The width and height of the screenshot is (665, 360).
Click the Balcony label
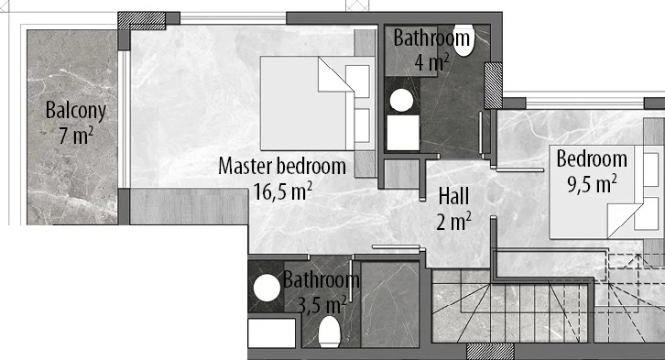click(x=75, y=111)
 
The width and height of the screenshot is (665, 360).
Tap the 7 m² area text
click(x=76, y=136)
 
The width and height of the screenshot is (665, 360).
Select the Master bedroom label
click(x=282, y=166)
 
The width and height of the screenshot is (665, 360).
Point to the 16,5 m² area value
click(x=283, y=191)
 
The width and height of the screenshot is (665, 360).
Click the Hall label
click(x=453, y=196)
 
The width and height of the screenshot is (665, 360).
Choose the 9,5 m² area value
click(x=592, y=184)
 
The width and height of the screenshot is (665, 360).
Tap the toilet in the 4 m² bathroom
click(x=463, y=41)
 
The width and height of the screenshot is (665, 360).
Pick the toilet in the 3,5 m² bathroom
click(x=330, y=332)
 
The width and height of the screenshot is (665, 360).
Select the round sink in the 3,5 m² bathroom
click(x=267, y=288)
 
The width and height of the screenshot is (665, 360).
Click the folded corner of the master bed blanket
click(x=335, y=74)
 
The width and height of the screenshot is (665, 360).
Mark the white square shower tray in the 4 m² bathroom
click(x=403, y=133)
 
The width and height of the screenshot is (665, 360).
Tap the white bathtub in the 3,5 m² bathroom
click(x=271, y=333)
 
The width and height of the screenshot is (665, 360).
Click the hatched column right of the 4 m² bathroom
click(x=493, y=86)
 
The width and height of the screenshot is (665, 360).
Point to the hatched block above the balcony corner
click(x=141, y=20)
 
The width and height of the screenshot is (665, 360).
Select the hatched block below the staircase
click(x=490, y=352)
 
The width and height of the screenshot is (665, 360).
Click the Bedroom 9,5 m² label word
click(x=592, y=159)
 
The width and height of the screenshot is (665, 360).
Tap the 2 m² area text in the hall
click(x=453, y=222)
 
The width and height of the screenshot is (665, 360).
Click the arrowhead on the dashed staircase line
click(x=638, y=257)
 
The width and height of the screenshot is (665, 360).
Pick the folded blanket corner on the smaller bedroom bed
click(x=624, y=221)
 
